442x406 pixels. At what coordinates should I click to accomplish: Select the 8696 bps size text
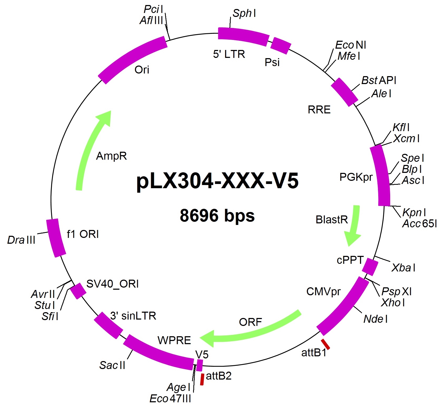coord(217,215)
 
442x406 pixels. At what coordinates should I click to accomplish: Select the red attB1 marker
coord(325,344)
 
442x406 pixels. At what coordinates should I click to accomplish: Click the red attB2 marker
coord(202,379)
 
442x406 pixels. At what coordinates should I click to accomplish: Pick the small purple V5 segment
coord(200,365)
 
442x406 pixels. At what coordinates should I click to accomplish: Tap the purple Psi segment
coord(281,46)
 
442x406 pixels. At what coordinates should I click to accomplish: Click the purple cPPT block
coord(370,267)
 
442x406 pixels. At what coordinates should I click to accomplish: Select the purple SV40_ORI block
coord(78,291)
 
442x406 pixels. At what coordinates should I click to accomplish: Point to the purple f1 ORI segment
coord(56,238)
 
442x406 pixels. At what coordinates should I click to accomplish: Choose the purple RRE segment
coord(344,92)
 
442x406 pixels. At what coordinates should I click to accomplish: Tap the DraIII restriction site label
coord(21,240)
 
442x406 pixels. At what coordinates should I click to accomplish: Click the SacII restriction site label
coord(112,365)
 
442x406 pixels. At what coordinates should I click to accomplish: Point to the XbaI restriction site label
coord(403,268)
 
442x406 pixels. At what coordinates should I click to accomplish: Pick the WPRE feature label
coord(174,340)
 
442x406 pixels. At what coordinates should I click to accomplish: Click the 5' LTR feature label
coord(229,54)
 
